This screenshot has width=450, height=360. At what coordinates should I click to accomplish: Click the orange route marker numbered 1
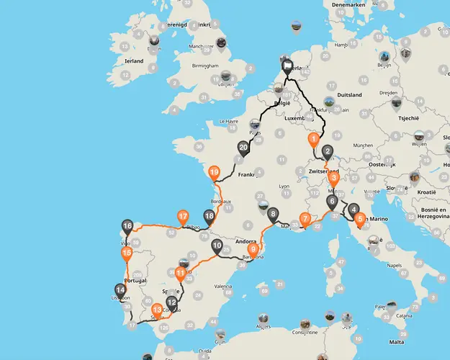point(313,138)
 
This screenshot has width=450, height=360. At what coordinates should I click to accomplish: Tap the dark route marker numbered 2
point(328,151)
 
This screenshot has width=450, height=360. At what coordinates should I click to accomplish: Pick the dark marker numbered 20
point(243,148)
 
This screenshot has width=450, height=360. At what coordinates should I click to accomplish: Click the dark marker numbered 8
point(272,215)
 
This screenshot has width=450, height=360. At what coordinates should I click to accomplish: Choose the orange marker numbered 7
point(305,219)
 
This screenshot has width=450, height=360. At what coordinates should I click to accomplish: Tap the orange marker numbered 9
point(253,249)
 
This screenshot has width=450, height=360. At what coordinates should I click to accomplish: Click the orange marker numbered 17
point(183,216)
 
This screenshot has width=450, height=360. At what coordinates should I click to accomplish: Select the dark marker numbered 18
point(210,216)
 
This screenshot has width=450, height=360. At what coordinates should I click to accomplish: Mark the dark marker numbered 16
point(127,227)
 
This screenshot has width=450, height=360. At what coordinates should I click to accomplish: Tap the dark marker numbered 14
point(120,291)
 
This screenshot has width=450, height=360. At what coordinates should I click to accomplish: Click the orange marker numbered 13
point(157,310)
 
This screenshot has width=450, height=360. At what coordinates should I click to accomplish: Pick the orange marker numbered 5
point(360,219)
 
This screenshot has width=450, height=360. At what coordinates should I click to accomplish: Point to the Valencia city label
point(222,286)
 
